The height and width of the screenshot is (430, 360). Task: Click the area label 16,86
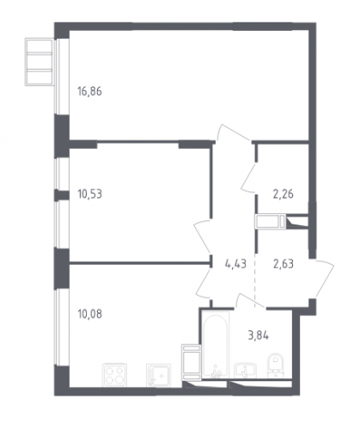[x=89, y=91]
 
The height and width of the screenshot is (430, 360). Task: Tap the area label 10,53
[x=89, y=194]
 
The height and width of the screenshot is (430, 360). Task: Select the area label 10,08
[x=89, y=314]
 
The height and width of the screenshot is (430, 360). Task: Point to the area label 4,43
[x=235, y=264]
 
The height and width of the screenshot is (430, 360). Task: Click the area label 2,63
[x=284, y=264]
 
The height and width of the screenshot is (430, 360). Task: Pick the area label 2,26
[x=284, y=194]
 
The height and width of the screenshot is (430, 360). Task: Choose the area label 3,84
[x=259, y=335]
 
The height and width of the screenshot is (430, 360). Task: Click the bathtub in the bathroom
[x=216, y=345]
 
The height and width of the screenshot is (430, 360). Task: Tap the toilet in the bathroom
[x=275, y=365]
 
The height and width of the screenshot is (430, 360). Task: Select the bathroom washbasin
[x=246, y=370]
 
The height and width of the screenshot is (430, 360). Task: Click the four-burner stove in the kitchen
[x=114, y=375]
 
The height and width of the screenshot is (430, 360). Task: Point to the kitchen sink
[x=158, y=375]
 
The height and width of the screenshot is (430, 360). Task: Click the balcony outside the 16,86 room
[x=39, y=62]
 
